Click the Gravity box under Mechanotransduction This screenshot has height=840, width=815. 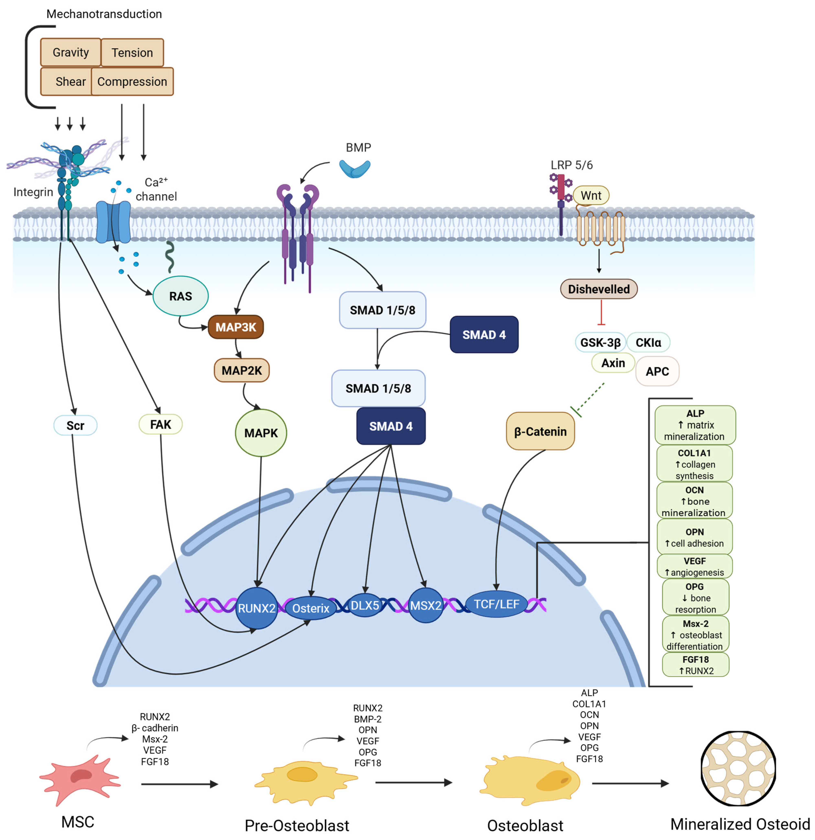pyautogui.click(x=71, y=52)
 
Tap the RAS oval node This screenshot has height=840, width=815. pyautogui.click(x=180, y=296)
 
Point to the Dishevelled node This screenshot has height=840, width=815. pyautogui.click(x=599, y=289)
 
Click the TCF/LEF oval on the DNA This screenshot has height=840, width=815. pyautogui.click(x=496, y=604)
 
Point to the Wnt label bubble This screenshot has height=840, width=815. pyautogui.click(x=591, y=195)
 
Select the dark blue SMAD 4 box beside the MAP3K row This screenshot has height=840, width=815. pyautogui.click(x=484, y=335)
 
